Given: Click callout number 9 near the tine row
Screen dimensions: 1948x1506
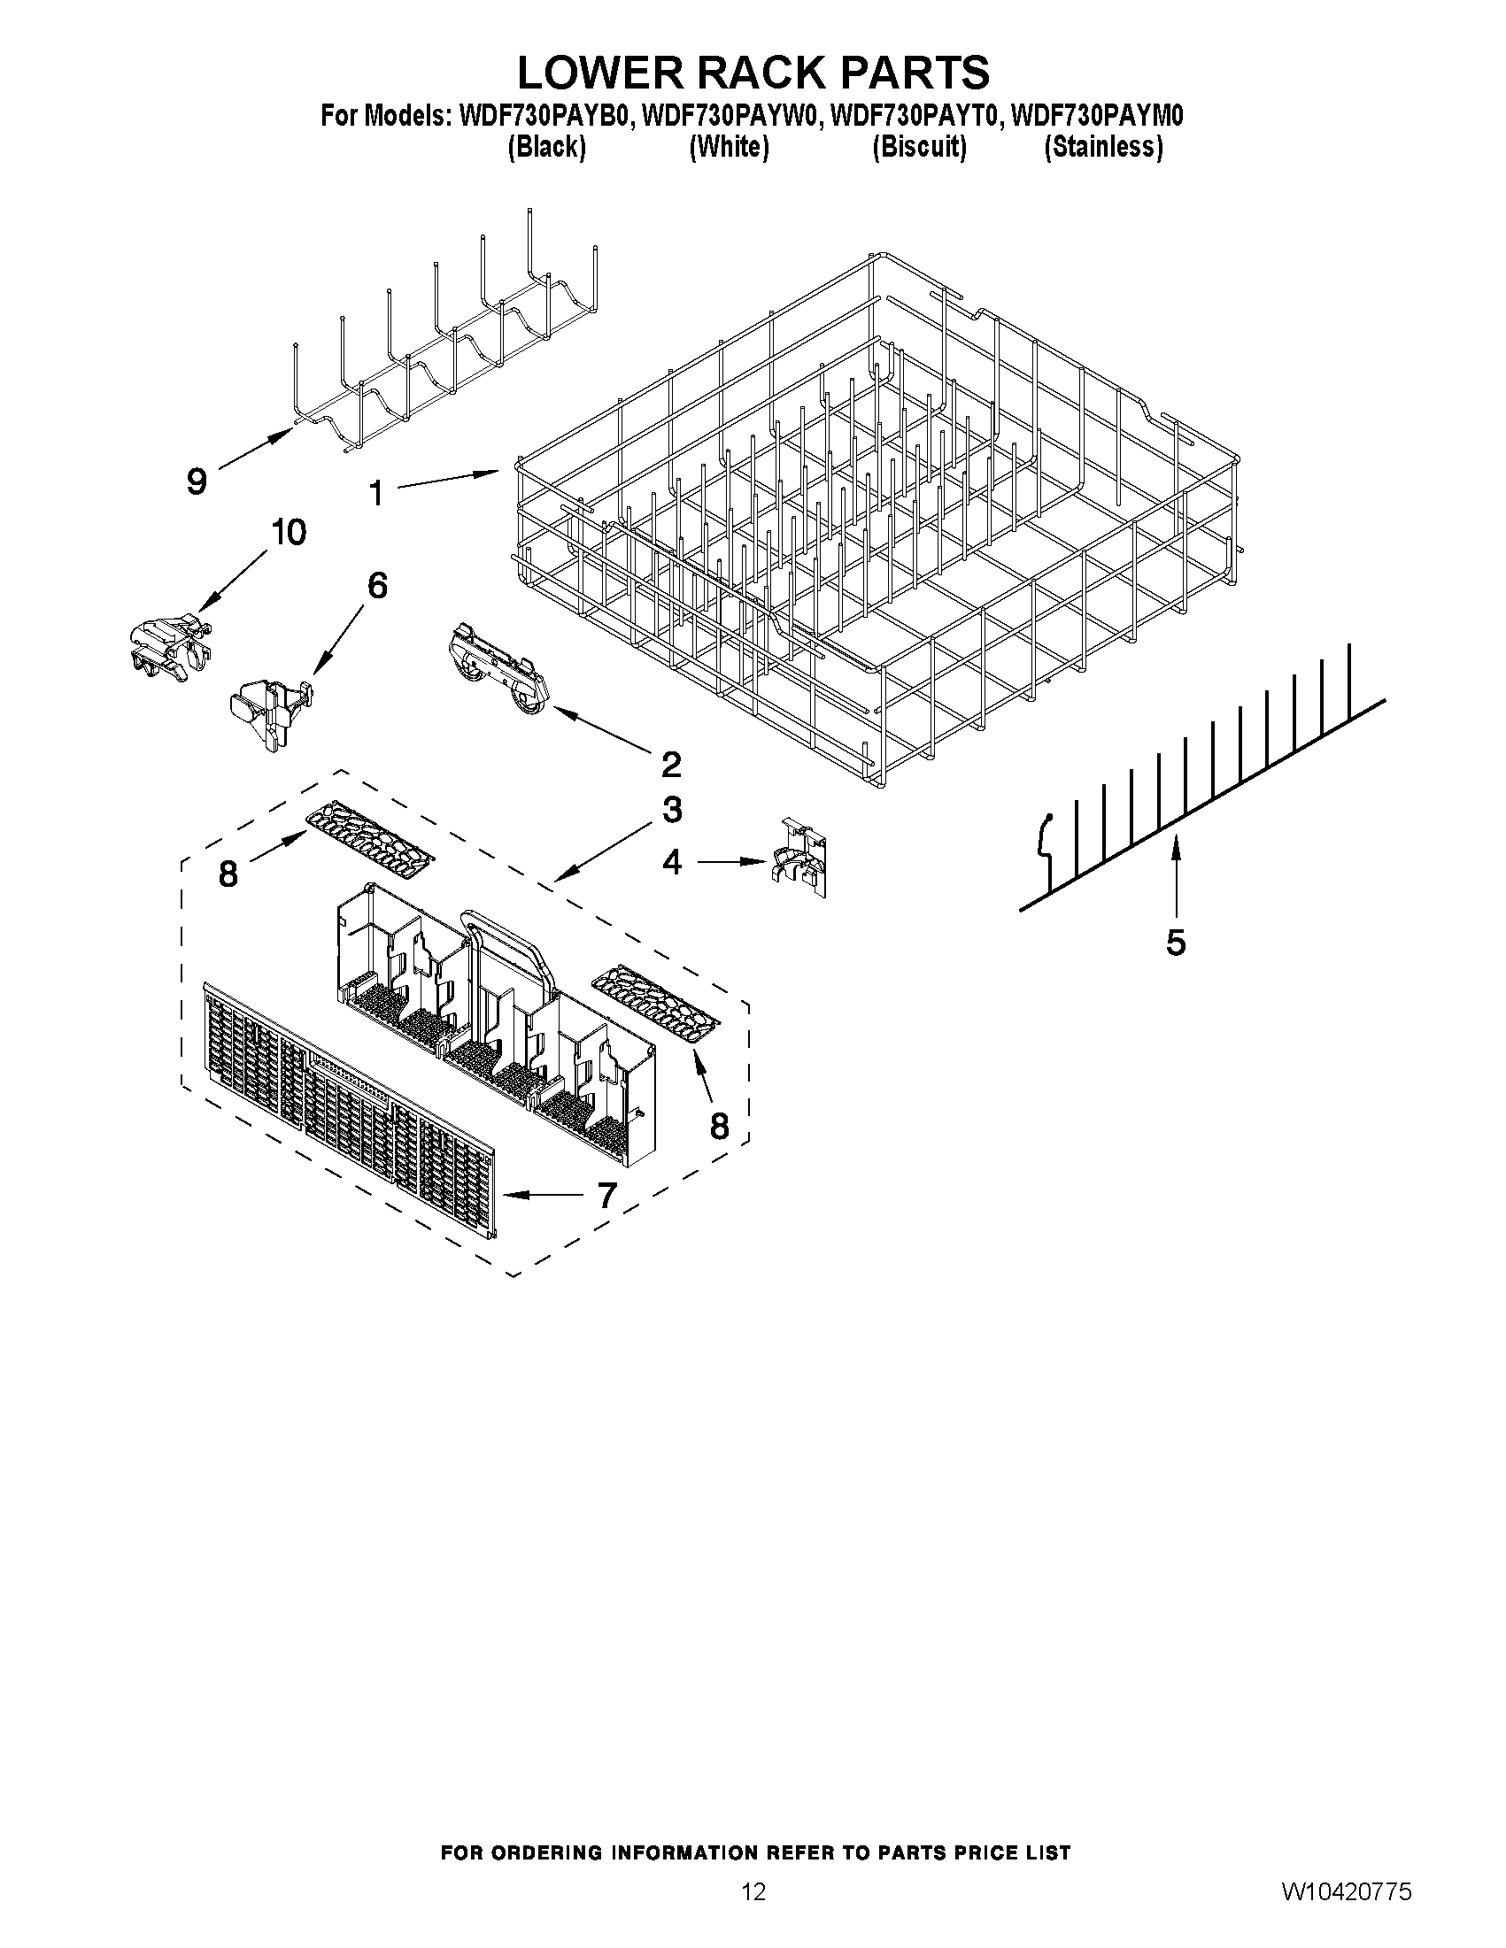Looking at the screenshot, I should (x=197, y=481).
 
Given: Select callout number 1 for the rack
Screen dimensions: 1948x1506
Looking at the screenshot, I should (x=376, y=492).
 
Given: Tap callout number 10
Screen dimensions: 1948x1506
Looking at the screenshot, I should (x=288, y=533).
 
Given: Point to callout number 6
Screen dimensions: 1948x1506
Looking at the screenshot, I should (x=377, y=586).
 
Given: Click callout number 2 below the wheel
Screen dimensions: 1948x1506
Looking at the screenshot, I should (x=671, y=764).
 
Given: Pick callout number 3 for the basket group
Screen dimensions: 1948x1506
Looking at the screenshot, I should (x=672, y=810).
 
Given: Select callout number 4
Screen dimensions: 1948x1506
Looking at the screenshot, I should (x=672, y=862).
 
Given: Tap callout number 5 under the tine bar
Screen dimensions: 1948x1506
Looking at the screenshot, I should (x=1176, y=942).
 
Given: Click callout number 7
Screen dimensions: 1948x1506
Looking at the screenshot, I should (x=606, y=1195).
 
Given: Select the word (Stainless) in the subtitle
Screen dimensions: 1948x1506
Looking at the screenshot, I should (x=1104, y=147).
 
